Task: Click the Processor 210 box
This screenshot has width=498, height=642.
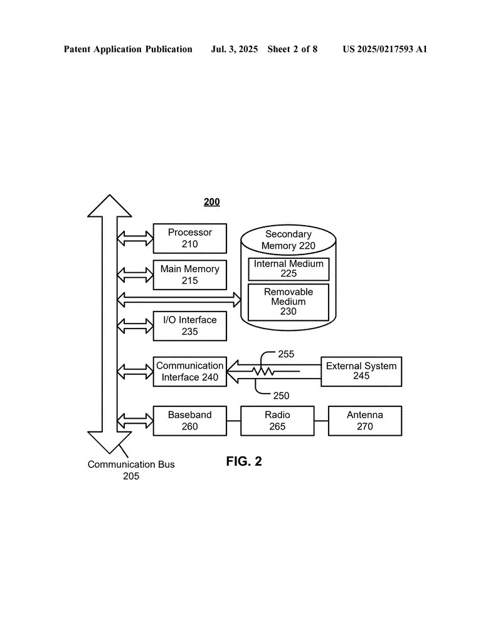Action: pyautogui.click(x=189, y=238)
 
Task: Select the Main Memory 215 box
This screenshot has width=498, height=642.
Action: pyautogui.click(x=189, y=275)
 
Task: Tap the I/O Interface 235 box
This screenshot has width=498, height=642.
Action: pyautogui.click(x=189, y=326)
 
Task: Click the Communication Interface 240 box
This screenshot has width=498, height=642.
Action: pyautogui.click(x=189, y=371)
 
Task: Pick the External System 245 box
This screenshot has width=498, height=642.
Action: pyautogui.click(x=361, y=371)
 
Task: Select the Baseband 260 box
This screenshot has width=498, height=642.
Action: pyautogui.click(x=189, y=421)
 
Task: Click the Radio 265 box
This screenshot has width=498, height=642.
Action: pyautogui.click(x=277, y=421)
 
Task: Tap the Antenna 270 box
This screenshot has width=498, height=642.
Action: pyautogui.click(x=365, y=421)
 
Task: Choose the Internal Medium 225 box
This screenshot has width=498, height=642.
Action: pyautogui.click(x=289, y=269)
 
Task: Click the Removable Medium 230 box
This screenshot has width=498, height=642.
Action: pyautogui.click(x=289, y=302)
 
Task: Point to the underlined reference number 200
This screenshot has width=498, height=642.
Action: pyautogui.click(x=212, y=202)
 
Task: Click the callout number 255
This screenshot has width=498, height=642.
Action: pyautogui.click(x=286, y=354)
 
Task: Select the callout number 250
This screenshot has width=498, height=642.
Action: pyautogui.click(x=281, y=396)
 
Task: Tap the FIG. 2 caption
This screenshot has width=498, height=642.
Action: pyautogui.click(x=244, y=461)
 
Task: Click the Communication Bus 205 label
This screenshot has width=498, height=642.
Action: pyautogui.click(x=131, y=470)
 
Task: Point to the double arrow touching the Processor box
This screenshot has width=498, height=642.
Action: pyautogui.click(x=135, y=238)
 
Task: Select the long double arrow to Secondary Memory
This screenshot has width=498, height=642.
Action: pyautogui.click(x=179, y=300)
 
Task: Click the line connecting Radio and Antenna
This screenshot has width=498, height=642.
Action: pyautogui.click(x=321, y=421)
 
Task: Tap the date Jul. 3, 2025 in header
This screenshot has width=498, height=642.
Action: pyautogui.click(x=234, y=49)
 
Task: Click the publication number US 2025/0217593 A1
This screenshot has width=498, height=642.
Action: pyautogui.click(x=385, y=49)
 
